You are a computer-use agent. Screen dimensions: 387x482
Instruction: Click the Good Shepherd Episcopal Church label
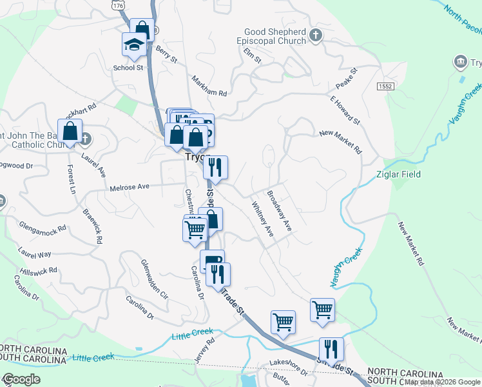coord(275,38)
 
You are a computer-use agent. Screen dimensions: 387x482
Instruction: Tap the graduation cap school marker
coord(135,46)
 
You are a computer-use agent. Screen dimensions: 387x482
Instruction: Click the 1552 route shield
coord(385,86)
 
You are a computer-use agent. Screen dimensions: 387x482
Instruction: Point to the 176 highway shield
coord(117,5)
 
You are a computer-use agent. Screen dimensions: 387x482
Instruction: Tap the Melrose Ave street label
coord(130,186)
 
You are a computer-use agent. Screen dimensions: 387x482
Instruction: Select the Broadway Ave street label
coord(280,212)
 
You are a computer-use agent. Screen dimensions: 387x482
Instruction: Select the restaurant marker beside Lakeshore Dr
coord(331,350)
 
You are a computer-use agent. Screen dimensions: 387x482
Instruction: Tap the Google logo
coord(21,379)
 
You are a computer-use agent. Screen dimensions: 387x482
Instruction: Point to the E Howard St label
coord(344,110)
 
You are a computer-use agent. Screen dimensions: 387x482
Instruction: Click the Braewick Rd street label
coord(91,225)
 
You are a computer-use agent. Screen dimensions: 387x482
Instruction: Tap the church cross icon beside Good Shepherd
coord(315,34)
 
